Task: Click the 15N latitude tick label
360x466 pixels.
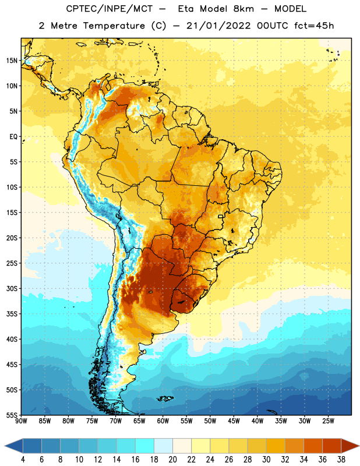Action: coord(12,61)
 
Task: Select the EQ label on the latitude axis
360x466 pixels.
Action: coord(13,137)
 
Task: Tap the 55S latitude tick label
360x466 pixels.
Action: coord(12,415)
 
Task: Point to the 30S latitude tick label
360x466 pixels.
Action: coord(12,288)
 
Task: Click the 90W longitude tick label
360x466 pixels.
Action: coord(21,421)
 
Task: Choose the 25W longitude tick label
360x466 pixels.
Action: coord(328,421)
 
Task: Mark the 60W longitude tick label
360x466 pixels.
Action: coord(163,421)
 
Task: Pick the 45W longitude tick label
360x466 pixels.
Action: coord(234,421)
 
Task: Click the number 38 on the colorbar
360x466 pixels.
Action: coord(341,460)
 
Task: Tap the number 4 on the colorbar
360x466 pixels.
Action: coord(23,460)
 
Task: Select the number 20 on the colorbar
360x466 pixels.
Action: coord(172,460)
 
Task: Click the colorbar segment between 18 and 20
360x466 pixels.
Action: coord(164,446)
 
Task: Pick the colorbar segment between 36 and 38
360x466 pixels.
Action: coord(332,446)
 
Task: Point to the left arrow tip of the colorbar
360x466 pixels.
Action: coord(5,446)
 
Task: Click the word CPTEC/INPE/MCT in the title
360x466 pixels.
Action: coord(109,9)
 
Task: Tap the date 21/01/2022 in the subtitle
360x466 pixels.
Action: coord(218,26)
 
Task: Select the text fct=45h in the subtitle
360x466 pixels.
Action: coord(314,26)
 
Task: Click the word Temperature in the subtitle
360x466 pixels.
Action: coord(114,26)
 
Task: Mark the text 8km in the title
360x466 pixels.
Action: coord(243,9)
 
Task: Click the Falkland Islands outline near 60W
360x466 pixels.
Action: coord(165,398)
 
